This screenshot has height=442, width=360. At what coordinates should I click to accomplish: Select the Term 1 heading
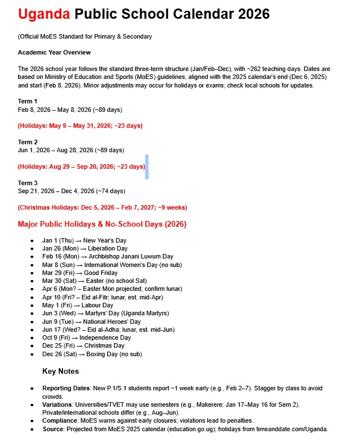point(27,101)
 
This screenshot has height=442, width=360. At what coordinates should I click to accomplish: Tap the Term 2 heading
point(27,142)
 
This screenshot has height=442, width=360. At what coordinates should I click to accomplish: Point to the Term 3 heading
point(27,183)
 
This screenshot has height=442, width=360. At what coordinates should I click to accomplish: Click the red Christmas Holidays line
point(102,207)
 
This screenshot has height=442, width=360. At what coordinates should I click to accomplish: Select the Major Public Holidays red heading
point(102,224)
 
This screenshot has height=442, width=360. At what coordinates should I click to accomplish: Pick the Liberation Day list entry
point(85,248)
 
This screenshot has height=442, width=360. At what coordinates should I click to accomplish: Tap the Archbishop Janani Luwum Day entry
point(107,257)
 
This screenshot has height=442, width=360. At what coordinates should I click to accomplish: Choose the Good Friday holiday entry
point(82,273)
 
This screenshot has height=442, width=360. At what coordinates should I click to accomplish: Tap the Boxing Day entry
point(91,354)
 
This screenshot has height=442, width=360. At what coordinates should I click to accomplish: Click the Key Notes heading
point(60,371)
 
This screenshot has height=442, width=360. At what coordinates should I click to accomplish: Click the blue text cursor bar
point(146,166)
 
